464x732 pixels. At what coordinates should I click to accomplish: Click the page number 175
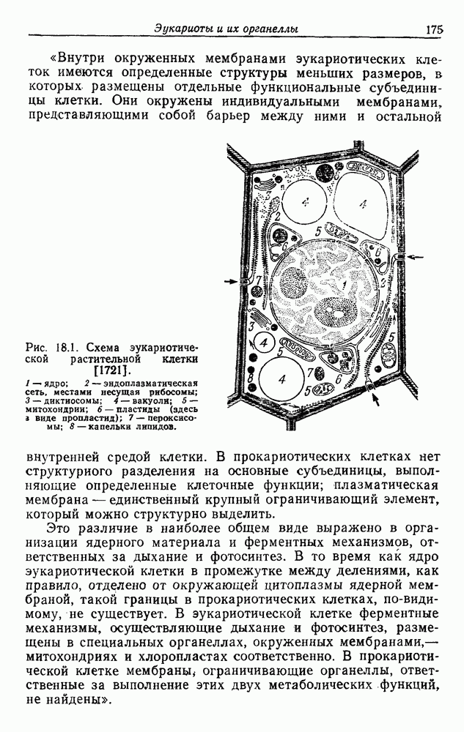coord(434,29)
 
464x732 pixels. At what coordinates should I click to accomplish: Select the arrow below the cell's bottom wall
coord(376,399)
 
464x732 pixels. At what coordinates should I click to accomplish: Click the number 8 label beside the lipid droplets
coord(251,377)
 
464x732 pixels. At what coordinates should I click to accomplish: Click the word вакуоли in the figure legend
coord(165,400)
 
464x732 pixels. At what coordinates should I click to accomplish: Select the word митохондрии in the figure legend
coord(49,409)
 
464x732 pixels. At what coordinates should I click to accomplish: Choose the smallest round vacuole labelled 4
coord(264,343)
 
